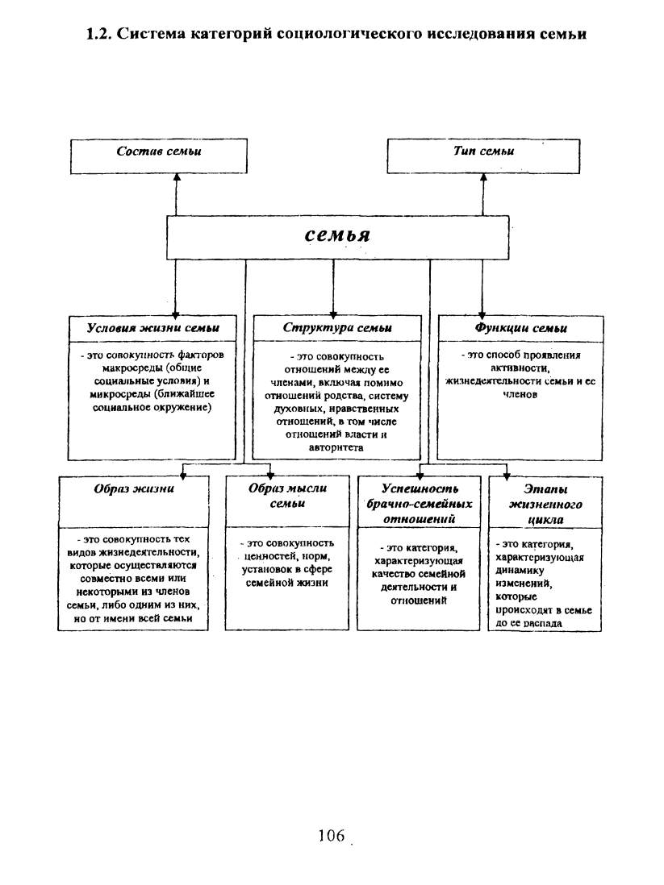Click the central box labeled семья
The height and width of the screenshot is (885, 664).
(337, 238)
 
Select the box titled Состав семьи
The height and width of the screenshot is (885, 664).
(159, 156)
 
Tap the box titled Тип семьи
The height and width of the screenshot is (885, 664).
(484, 156)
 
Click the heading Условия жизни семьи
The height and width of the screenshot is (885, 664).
(152, 328)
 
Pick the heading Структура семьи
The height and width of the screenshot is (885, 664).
(337, 328)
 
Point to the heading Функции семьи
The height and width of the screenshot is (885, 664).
(521, 328)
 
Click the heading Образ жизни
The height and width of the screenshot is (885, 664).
(134, 488)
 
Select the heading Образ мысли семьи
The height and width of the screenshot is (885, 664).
(288, 496)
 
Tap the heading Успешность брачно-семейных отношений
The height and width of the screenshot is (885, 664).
(420, 504)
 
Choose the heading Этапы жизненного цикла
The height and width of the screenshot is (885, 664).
(545, 504)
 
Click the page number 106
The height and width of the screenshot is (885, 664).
(332, 835)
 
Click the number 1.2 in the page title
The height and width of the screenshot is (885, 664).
(99, 34)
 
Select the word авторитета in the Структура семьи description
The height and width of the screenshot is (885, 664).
(336, 447)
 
